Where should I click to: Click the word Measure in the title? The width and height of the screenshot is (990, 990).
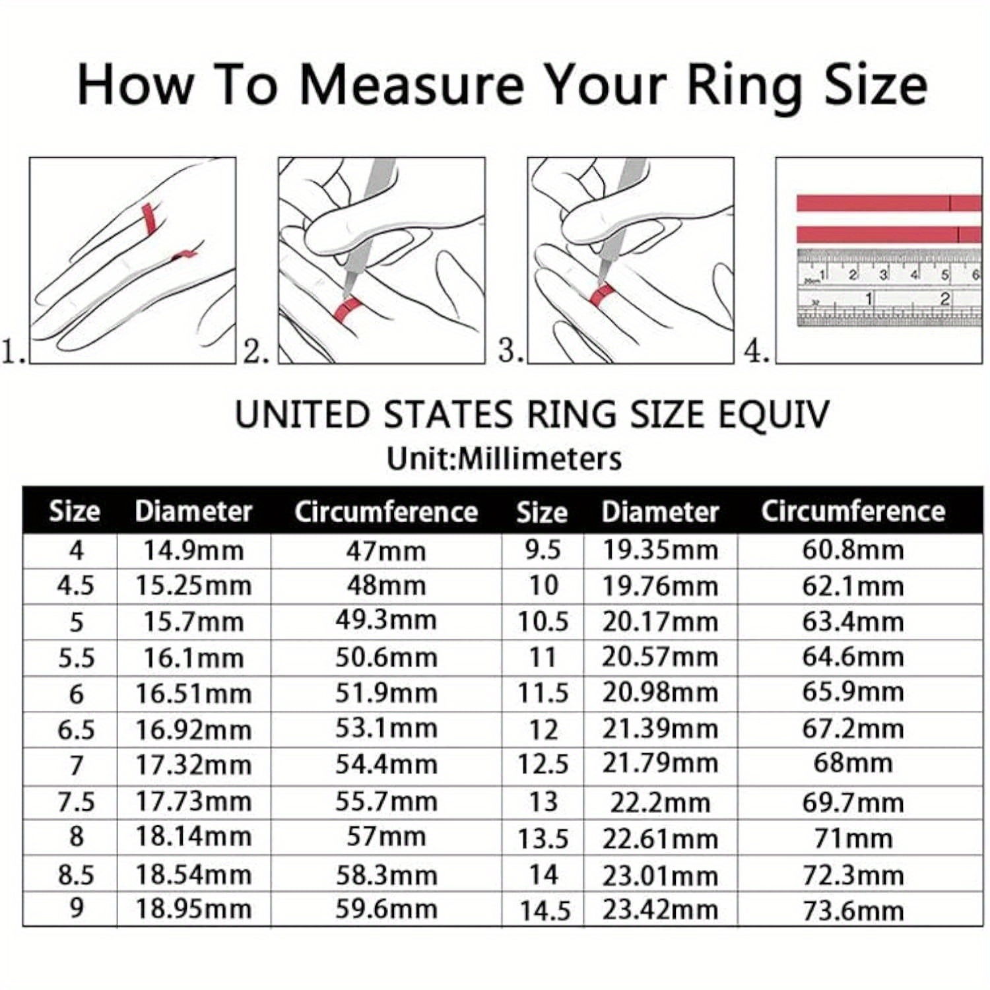[411, 85]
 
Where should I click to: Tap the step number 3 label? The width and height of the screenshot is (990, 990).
[510, 350]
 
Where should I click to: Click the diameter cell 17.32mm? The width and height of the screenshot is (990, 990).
[193, 766]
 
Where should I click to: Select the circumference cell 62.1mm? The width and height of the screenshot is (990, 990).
[853, 585]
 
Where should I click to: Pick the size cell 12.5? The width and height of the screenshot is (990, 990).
[543, 764]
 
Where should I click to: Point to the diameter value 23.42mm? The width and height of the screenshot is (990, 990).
[659, 909]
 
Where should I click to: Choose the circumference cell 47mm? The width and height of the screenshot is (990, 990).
[386, 550]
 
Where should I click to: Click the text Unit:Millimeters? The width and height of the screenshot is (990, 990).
[504, 458]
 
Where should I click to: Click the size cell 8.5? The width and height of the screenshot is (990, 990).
[76, 875]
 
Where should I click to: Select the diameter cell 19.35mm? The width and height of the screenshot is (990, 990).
[659, 550]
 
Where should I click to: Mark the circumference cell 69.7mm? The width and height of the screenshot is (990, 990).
[853, 803]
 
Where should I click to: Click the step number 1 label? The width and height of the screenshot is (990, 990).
[13, 350]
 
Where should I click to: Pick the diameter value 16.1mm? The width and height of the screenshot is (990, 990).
[193, 658]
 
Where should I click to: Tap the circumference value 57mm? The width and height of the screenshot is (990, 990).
[386, 837]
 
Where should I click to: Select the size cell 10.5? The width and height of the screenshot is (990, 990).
[543, 622]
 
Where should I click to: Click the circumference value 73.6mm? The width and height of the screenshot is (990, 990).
[853, 911]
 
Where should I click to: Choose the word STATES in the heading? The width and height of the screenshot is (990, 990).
[448, 415]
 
